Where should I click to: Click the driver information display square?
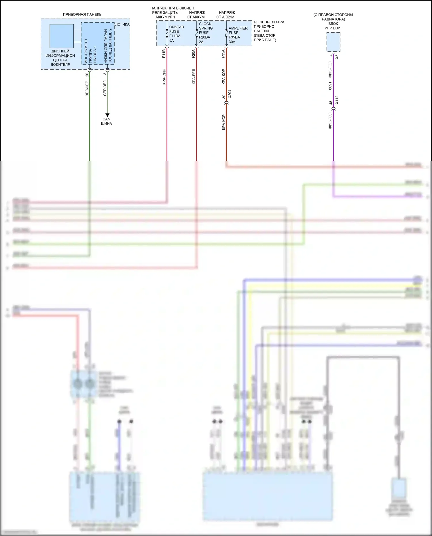(61, 36)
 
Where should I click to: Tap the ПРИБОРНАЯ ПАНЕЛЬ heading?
(82, 14)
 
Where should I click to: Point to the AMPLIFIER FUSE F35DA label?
(238, 35)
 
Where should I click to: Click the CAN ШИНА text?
(107, 121)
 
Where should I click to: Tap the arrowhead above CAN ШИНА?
(107, 115)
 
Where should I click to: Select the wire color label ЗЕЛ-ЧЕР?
(87, 88)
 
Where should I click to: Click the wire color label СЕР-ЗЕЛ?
(105, 88)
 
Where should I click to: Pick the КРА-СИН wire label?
(164, 77)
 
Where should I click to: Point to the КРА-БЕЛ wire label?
(194, 77)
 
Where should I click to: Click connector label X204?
(230, 94)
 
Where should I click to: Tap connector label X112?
(337, 100)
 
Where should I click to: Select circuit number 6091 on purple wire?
(330, 86)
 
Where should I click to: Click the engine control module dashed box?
(333, 42)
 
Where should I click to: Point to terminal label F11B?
(164, 54)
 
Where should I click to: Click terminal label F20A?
(194, 54)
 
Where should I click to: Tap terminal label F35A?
(223, 54)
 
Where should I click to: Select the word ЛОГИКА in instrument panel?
(122, 24)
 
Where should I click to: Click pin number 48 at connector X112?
(331, 103)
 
